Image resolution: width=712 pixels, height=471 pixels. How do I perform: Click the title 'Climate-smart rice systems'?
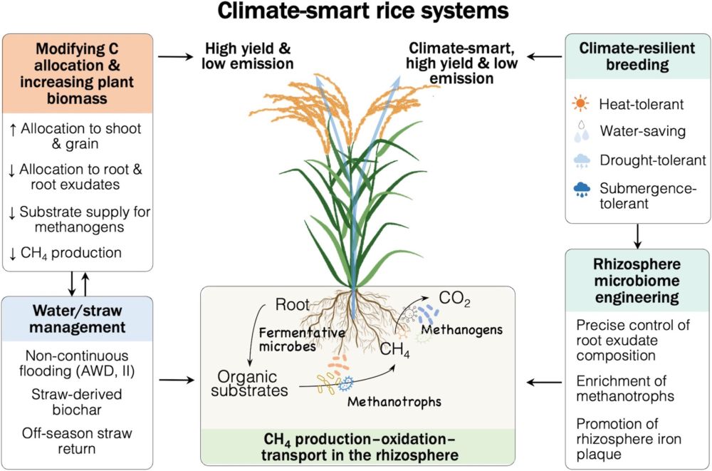[x=363, y=12]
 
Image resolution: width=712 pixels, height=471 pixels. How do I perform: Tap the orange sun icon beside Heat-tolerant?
[x=582, y=105]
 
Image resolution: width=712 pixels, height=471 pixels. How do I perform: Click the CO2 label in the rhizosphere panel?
[x=455, y=298]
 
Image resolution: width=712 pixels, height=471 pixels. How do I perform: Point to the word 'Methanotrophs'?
[x=394, y=402]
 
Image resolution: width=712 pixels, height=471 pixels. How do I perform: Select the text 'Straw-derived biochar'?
[x=77, y=402]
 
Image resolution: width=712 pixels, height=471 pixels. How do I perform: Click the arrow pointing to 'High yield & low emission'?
[x=177, y=56]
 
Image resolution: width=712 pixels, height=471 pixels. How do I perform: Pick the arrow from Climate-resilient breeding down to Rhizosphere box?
[x=638, y=234]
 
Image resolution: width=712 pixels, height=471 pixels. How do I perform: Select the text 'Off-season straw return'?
[x=77, y=441]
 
